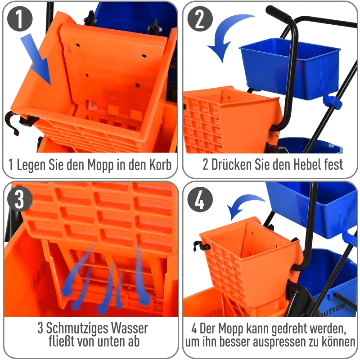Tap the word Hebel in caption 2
pos(298,164)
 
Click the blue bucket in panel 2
pos(288,67)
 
